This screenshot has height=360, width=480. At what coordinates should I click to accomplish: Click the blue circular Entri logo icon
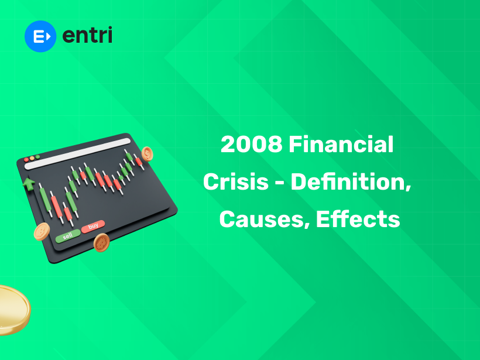pyautogui.click(x=40, y=36)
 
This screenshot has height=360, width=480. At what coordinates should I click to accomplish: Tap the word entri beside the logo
pyautogui.click(x=87, y=35)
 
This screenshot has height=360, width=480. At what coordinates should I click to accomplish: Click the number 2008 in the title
pyautogui.click(x=252, y=145)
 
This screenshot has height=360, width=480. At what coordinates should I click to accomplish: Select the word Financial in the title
pyautogui.click(x=341, y=145)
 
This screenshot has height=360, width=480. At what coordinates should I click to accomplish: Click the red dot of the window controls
pyautogui.click(x=26, y=159)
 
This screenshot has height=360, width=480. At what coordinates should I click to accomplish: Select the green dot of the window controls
pyautogui.click(x=37, y=157)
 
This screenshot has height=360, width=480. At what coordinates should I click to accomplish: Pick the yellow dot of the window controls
pyautogui.click(x=32, y=158)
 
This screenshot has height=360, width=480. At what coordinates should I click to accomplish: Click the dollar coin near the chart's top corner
pyautogui.click(x=148, y=154)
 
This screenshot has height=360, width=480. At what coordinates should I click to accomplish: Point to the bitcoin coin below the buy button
pyautogui.click(x=102, y=241)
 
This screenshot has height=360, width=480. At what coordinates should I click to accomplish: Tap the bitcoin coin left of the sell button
pyautogui.click(x=42, y=232)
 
